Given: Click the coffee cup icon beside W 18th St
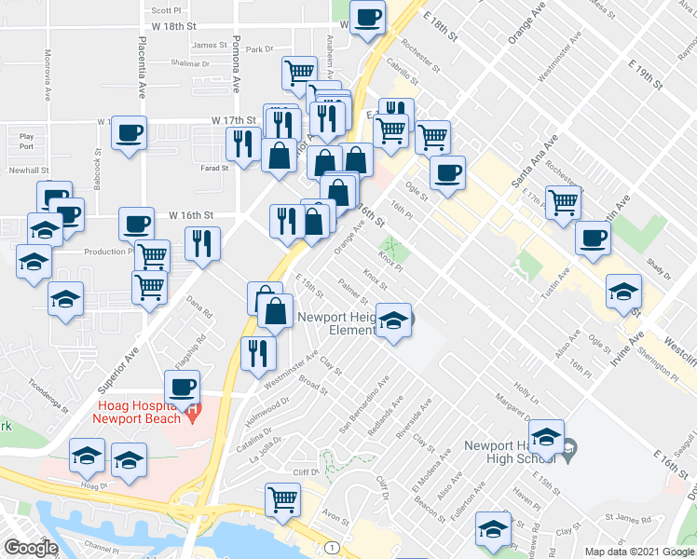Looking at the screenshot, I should tap(368, 18).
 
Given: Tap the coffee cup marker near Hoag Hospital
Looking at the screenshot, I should tap(182, 386).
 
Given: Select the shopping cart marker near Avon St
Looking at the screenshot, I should tap(281, 498).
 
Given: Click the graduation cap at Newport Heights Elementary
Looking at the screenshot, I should tap(394, 320).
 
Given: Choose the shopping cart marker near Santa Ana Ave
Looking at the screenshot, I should tap(563, 201).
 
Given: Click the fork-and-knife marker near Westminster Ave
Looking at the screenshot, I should tap(257, 353).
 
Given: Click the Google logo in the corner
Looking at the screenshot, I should tap(31, 548).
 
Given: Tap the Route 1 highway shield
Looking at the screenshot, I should tap(331, 545).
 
